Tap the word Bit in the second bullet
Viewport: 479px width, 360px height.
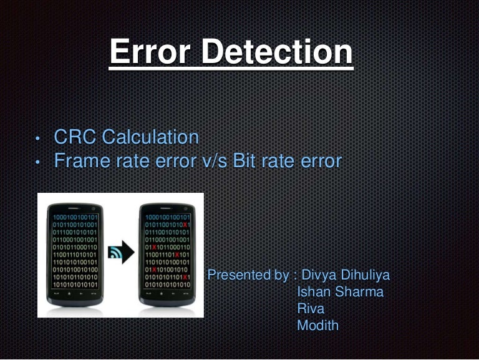point(244,161)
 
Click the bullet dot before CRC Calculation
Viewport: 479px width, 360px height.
point(37,139)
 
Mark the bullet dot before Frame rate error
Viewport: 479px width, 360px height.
point(37,163)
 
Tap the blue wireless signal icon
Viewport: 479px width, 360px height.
point(114,253)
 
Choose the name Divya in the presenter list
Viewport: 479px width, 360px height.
point(318,275)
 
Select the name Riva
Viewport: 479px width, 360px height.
point(311,308)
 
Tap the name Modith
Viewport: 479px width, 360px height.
point(318,325)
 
